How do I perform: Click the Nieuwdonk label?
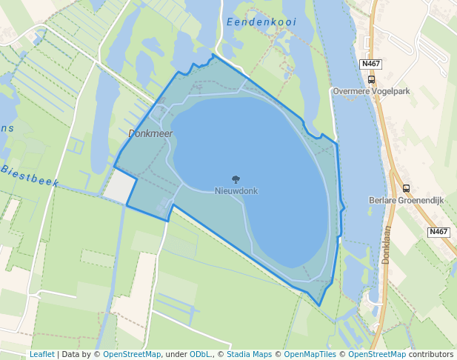[236, 191]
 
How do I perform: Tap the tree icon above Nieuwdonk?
[236, 179]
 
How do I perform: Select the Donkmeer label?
[150, 133]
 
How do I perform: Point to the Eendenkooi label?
[261, 22]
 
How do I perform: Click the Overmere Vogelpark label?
[371, 92]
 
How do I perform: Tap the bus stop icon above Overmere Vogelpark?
[371, 80]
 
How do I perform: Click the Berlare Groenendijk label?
[406, 200]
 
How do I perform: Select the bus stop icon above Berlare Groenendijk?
[406, 188]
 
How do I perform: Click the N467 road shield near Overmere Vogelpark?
[371, 64]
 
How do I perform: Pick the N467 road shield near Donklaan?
[438, 232]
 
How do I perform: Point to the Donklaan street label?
[387, 245]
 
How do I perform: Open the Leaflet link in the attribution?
[41, 354]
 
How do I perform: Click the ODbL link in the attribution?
[200, 354]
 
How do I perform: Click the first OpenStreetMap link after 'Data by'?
[131, 354]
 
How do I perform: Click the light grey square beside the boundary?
[120, 186]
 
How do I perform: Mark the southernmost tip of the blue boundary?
[319, 305]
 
